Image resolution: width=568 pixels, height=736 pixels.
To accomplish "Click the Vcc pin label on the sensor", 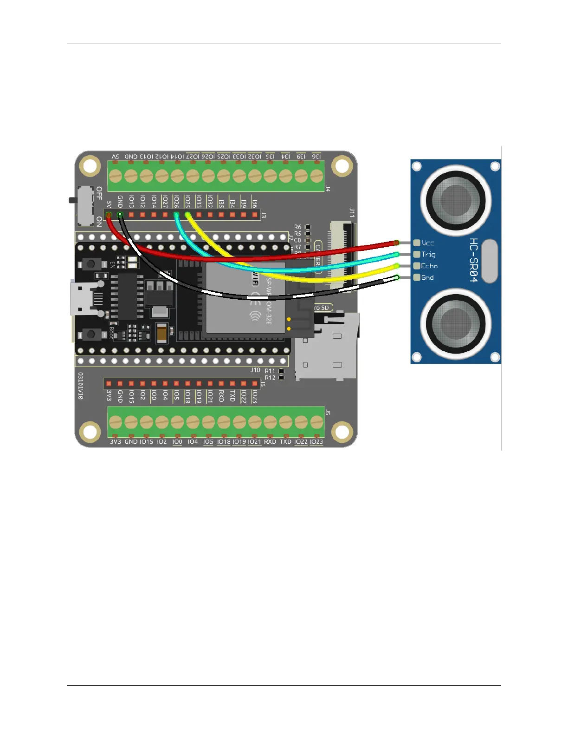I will pos(428,243).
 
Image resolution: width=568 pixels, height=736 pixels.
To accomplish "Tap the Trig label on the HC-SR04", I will pos(428,255).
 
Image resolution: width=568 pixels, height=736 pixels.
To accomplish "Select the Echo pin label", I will pos(429,266).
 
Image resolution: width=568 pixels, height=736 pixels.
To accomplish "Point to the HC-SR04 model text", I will pos(473,260).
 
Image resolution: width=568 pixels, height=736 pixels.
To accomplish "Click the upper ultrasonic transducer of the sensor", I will pos(456,201).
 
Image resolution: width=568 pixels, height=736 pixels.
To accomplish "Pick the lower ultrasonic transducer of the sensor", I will pos(456,323).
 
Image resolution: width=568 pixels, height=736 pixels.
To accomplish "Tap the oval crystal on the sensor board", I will pos(489,261).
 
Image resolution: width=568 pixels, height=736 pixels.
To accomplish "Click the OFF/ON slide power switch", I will pos(84,205).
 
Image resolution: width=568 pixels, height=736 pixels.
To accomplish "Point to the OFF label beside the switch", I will pos(99,193).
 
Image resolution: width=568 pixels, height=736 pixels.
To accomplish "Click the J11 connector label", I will pos(352,213).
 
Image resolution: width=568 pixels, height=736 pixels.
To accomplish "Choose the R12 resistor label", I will pos(270,378).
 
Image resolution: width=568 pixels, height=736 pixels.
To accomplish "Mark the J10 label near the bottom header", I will pos(255,370).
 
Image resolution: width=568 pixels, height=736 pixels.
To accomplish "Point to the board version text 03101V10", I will pos(80,386).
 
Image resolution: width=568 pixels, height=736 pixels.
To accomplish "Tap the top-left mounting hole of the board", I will pos(90,166).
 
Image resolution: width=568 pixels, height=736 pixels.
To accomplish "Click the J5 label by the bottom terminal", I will pos(328,412).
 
